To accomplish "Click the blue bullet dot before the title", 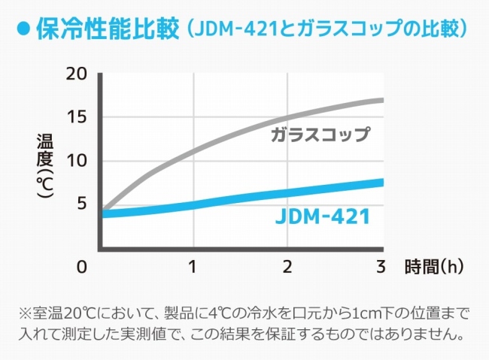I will coord(23,30).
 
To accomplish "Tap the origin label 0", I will coord(82,268).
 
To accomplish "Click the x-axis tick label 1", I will coord(193,268).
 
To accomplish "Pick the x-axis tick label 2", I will coord(287,268).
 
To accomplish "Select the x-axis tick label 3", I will coord(381,268).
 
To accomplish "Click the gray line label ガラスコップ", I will coord(320,136).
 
